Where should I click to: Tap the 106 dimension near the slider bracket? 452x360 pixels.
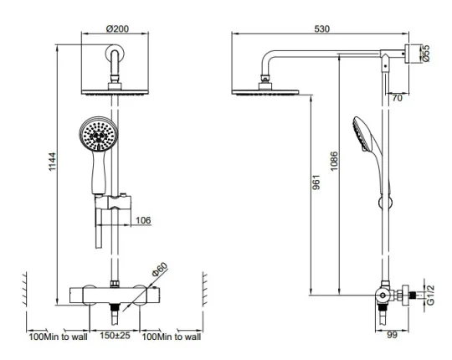[x=142, y=220]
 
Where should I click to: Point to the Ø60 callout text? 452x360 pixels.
[x=159, y=270]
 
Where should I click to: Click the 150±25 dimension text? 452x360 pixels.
[x=116, y=337]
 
